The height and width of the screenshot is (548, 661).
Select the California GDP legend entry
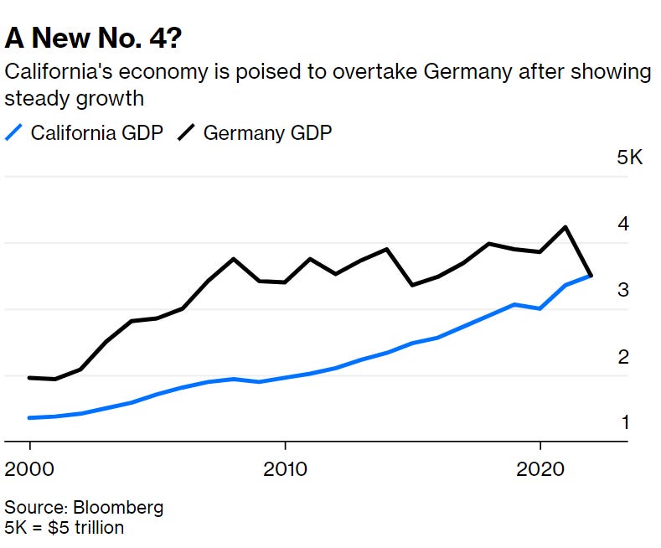(96, 132)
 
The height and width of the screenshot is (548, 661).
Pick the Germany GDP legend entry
(267, 132)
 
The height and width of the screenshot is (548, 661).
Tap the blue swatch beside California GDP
(13, 132)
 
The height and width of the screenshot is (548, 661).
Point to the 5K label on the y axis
(629, 158)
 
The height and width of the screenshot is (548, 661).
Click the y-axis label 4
(623, 225)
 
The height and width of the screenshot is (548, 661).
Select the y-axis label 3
(623, 291)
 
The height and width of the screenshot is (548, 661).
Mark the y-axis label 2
(623, 358)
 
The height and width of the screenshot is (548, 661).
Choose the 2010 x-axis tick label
(285, 467)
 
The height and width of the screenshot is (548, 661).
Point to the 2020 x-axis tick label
(540, 467)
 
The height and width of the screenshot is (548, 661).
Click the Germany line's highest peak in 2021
(566, 227)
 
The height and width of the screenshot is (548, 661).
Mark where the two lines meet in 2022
(591, 275)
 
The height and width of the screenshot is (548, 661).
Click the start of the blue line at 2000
(29, 417)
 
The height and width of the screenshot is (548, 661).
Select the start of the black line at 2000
(29, 378)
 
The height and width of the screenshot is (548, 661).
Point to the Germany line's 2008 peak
(234, 259)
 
